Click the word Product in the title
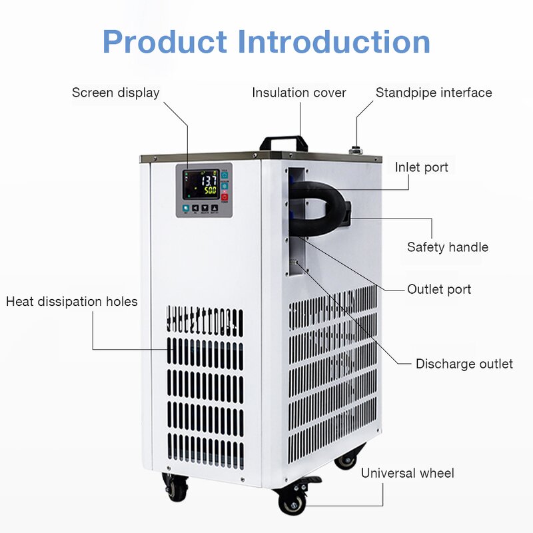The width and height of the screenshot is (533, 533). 165,41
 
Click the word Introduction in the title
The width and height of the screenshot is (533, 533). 334,41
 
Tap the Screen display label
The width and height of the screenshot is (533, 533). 116,93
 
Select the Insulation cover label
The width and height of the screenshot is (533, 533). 299,93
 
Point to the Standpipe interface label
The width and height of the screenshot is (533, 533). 434,93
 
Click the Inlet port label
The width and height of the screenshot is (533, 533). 422,167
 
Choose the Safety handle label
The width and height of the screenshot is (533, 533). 448,247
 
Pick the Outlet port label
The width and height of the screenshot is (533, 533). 439,289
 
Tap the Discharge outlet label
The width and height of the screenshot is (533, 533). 464,364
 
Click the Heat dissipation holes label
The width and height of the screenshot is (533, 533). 72,302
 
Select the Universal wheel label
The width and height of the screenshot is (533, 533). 408,473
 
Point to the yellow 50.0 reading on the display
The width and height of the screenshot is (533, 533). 209,191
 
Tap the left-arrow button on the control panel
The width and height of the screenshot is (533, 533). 195,209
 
